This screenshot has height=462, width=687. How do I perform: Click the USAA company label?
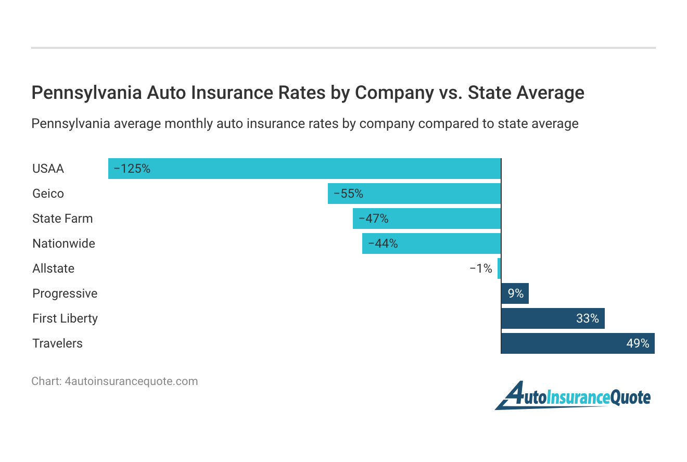pyautogui.click(x=48, y=169)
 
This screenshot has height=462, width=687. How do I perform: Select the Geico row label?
pyautogui.click(x=48, y=194)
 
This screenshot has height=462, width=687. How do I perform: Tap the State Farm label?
pyautogui.click(x=62, y=219)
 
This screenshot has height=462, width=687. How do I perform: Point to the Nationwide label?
pyautogui.click(x=63, y=243)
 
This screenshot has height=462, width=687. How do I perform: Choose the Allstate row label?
pyautogui.click(x=53, y=268)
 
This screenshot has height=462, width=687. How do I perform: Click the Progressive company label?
pyautogui.click(x=65, y=293)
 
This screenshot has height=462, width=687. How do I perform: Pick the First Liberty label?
pyautogui.click(x=65, y=318)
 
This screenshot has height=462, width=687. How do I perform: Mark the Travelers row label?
pyautogui.click(x=57, y=343)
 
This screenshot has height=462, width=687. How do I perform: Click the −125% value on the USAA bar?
pyautogui.click(x=132, y=169)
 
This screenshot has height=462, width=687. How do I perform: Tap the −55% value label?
pyautogui.click(x=348, y=194)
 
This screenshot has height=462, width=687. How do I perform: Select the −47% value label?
pyautogui.click(x=373, y=219)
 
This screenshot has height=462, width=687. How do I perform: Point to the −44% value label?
pyautogui.click(x=383, y=243)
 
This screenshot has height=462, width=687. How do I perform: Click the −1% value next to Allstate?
pyautogui.click(x=480, y=268)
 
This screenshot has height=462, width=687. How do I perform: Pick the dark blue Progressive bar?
pyautogui.click(x=515, y=293)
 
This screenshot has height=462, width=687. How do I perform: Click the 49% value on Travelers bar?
pyautogui.click(x=638, y=343)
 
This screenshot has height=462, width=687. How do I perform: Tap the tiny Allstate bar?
pyautogui.click(x=499, y=268)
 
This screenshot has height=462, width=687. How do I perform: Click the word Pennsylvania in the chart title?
pyautogui.click(x=86, y=93)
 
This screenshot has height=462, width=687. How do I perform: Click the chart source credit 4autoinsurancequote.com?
pyautogui.click(x=131, y=381)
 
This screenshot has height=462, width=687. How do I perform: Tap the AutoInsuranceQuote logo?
pyautogui.click(x=572, y=396)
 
